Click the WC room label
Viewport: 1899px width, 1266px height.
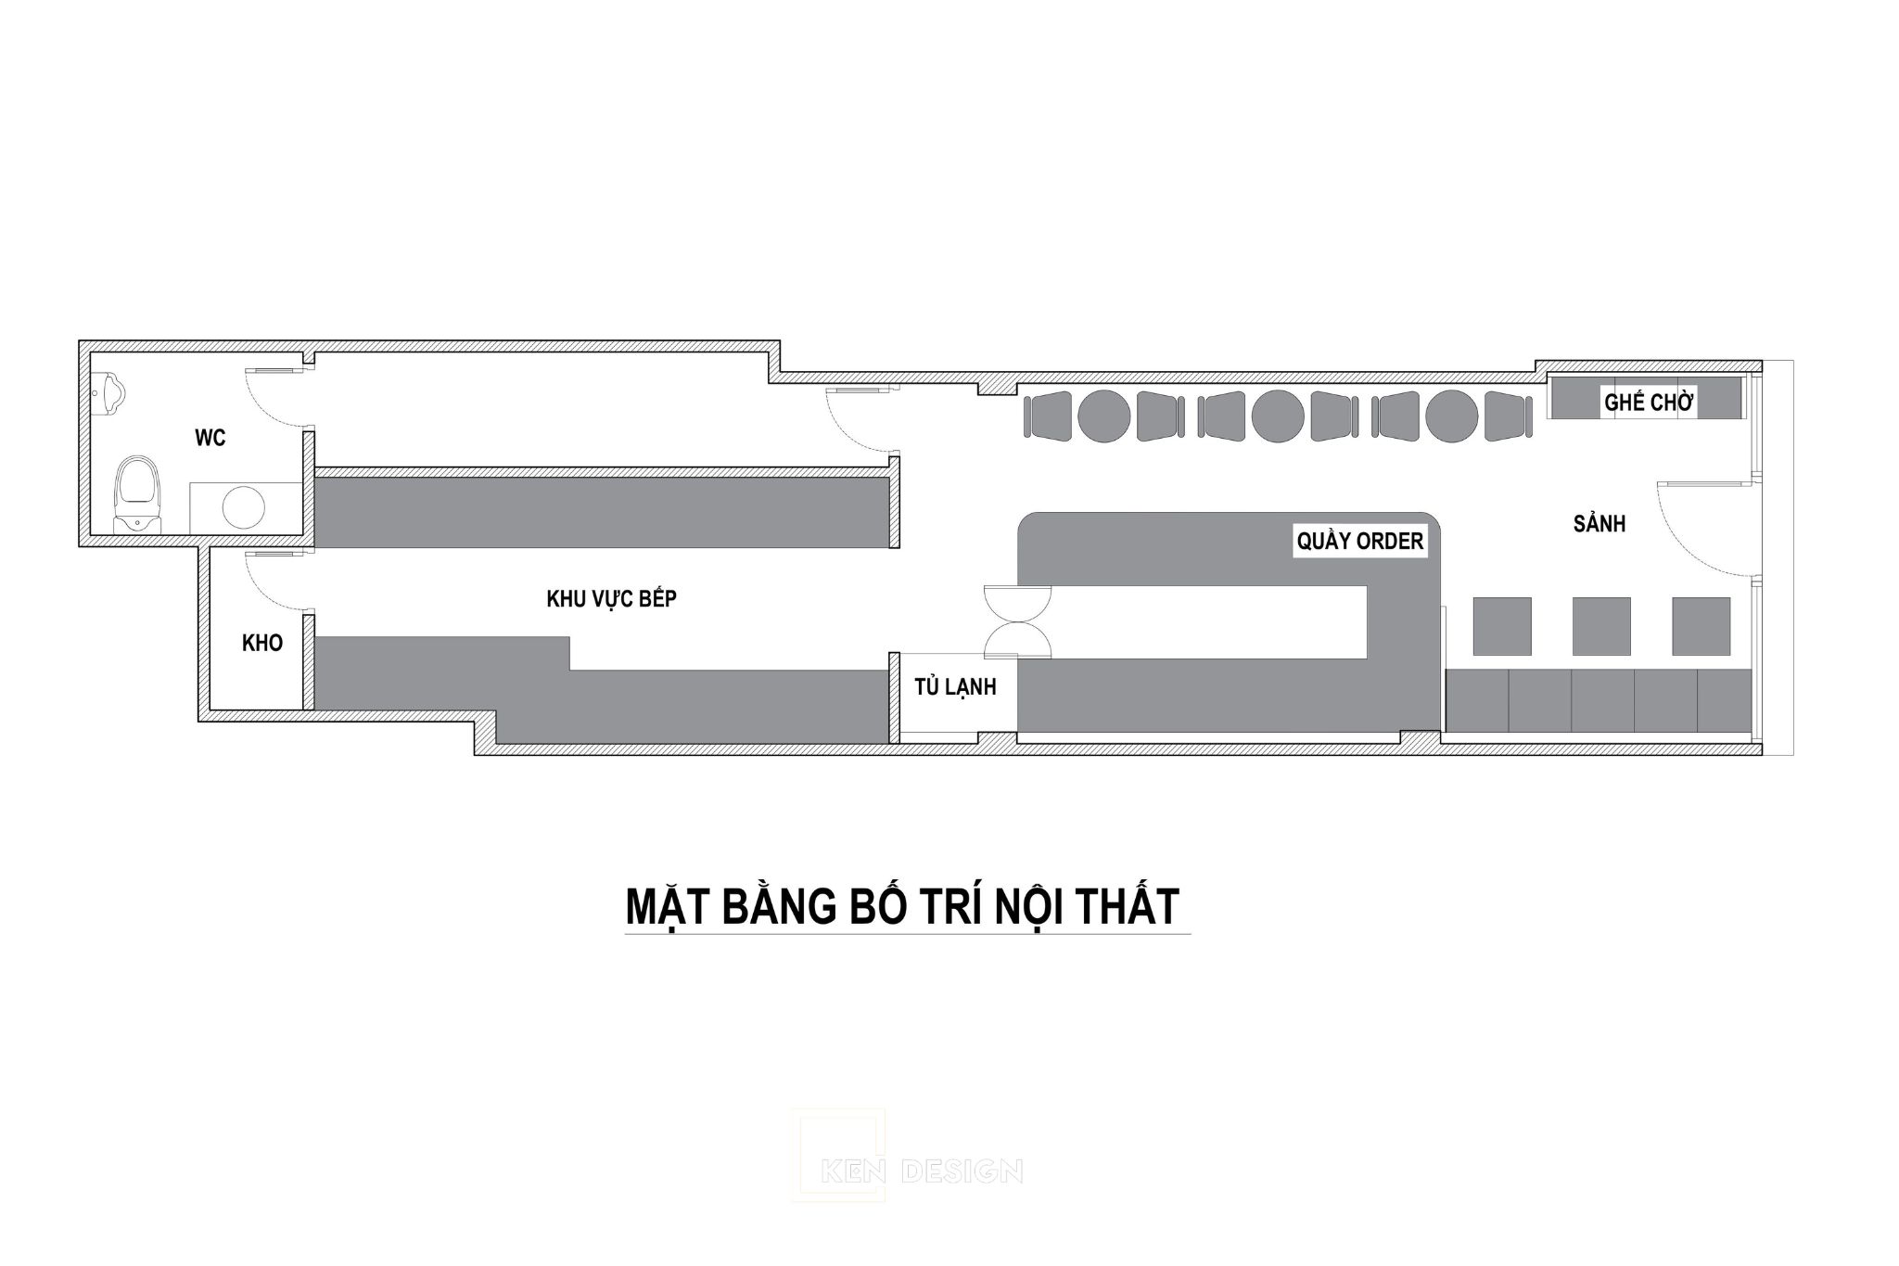click(x=210, y=438)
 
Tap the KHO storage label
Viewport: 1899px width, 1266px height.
click(x=262, y=643)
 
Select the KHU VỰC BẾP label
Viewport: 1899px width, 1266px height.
click(x=612, y=598)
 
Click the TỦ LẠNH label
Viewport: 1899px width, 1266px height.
click(x=955, y=686)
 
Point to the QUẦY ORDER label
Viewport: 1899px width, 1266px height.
click(x=1360, y=541)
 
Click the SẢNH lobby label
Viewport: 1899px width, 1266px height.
click(x=1599, y=524)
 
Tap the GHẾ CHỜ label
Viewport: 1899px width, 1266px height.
click(x=1650, y=403)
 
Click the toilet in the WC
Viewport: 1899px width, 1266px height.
click(x=138, y=493)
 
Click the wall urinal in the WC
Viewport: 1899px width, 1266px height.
click(x=109, y=390)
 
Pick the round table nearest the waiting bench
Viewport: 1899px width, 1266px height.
click(x=1452, y=416)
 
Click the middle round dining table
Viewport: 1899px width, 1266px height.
click(x=1278, y=416)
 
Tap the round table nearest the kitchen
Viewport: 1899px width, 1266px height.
click(x=1104, y=416)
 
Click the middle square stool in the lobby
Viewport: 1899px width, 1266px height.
click(x=1601, y=626)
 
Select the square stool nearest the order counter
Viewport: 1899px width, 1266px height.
click(x=1502, y=626)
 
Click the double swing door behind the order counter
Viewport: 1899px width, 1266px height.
click(x=1017, y=621)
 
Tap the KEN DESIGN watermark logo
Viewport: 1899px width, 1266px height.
click(x=906, y=1170)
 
